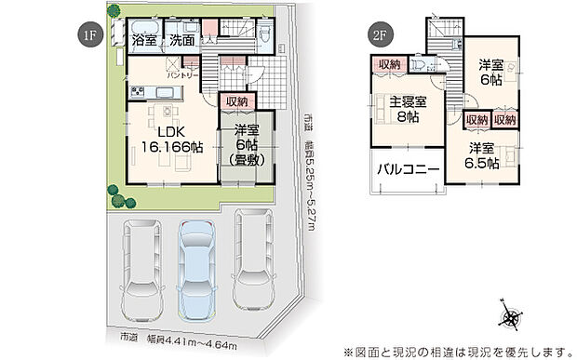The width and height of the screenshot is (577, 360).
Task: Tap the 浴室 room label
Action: click(144, 41)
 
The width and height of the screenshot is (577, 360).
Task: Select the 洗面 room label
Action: click(182, 41)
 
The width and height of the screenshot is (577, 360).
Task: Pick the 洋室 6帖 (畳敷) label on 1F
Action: click(248, 145)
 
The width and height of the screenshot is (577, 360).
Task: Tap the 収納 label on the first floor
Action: click(236, 100)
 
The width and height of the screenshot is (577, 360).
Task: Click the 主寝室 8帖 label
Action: click(409, 110)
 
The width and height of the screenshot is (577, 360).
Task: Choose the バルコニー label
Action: click(407, 170)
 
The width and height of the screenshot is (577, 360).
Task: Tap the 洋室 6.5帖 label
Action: click(483, 156)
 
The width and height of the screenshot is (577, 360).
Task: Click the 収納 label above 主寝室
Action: click(389, 64)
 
